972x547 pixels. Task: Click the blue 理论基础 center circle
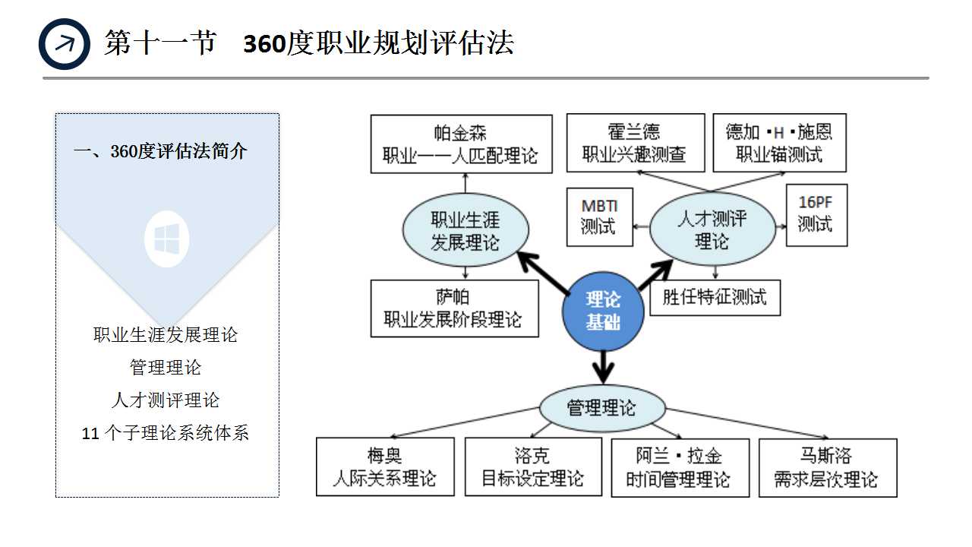pos(603,311)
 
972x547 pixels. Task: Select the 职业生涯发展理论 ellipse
pos(465,231)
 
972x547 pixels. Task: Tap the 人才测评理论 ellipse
pos(712,230)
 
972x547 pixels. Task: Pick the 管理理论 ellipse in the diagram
pos(602,408)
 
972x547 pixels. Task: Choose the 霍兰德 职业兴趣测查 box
pos(635,144)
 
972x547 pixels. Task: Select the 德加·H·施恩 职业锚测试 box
pos(779,144)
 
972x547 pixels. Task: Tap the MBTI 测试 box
pos(600,217)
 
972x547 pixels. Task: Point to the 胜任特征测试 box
pos(715,296)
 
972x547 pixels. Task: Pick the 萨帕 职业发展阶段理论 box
pos(454,308)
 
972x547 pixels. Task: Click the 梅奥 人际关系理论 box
pos(385,467)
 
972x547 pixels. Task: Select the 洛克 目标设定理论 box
pos(533,467)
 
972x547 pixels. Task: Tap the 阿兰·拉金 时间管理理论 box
pos(680,467)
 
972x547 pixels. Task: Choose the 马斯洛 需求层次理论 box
pos(827,467)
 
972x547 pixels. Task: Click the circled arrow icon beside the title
pos(65,44)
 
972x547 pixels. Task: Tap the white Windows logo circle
pos(167,239)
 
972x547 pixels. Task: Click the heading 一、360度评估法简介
pos(160,151)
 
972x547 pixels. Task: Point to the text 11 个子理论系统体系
pos(166,434)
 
